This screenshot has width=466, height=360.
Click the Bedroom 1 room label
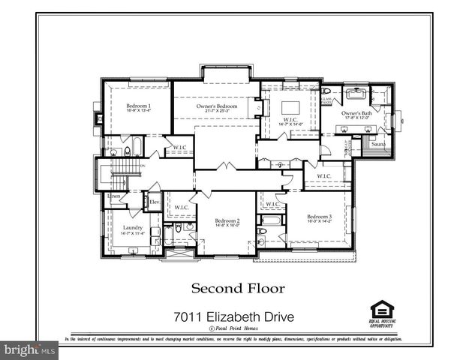(x=138, y=106)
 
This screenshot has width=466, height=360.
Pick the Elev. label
(x=154, y=202)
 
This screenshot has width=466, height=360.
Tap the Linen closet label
(x=114, y=196)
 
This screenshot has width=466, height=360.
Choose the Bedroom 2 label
(x=227, y=220)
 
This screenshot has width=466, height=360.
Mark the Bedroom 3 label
(x=318, y=217)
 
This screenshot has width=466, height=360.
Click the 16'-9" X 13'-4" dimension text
(x=138, y=111)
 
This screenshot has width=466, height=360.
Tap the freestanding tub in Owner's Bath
(x=356, y=94)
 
